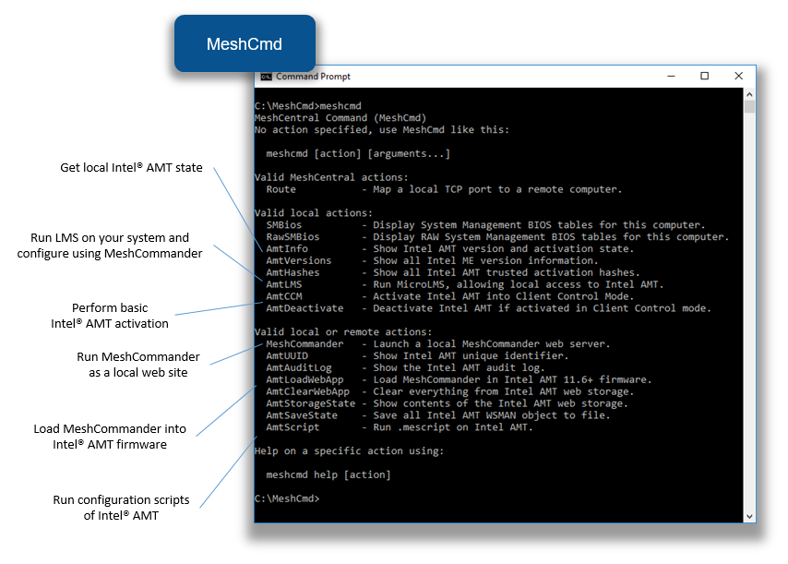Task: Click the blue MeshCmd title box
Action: [245, 43]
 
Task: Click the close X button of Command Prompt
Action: [738, 76]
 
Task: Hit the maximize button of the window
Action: [705, 76]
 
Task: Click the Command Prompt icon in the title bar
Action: [266, 77]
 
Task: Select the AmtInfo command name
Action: [287, 249]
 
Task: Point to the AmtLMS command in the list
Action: [284, 284]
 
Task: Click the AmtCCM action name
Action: [284, 296]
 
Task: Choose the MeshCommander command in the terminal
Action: [304, 343]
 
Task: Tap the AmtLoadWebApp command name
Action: [304, 379]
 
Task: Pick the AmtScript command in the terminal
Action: [293, 427]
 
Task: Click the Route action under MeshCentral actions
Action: [281, 189]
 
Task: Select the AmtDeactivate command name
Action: [304, 308]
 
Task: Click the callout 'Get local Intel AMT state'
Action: [131, 167]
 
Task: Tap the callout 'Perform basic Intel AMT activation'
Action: [110, 316]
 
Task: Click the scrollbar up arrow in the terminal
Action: [749, 94]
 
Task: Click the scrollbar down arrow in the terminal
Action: [749, 516]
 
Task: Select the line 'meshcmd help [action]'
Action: [328, 474]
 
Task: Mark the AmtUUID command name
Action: [287, 356]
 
